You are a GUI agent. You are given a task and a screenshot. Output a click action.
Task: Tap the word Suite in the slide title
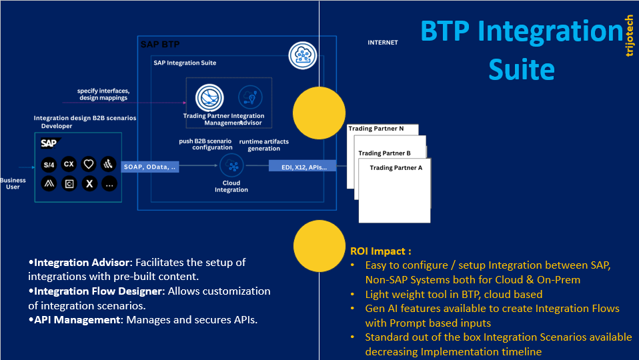pos(521,69)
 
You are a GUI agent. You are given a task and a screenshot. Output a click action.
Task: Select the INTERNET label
pos(382,43)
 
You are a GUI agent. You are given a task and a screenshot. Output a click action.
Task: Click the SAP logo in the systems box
pos(49,143)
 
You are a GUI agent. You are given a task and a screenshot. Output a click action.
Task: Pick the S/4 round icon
pos(49,164)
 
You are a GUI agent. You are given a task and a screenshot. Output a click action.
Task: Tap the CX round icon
pos(69,164)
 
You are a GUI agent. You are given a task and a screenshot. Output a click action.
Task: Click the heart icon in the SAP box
pos(89,164)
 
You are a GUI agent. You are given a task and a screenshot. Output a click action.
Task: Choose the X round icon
pos(89,183)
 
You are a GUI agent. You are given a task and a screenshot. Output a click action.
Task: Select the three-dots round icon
pos(109,183)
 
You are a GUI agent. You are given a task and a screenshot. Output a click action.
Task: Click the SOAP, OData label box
pos(149,167)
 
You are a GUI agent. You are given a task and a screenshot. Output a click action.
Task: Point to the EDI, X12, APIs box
pos(302,167)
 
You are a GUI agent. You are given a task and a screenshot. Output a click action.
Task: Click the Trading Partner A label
pos(396,168)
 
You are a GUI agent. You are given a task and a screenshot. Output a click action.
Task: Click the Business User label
pos(13,183)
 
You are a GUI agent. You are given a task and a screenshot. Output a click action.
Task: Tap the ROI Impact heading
pos(381,251)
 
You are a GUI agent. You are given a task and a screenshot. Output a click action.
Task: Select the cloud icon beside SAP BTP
pos(303,55)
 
